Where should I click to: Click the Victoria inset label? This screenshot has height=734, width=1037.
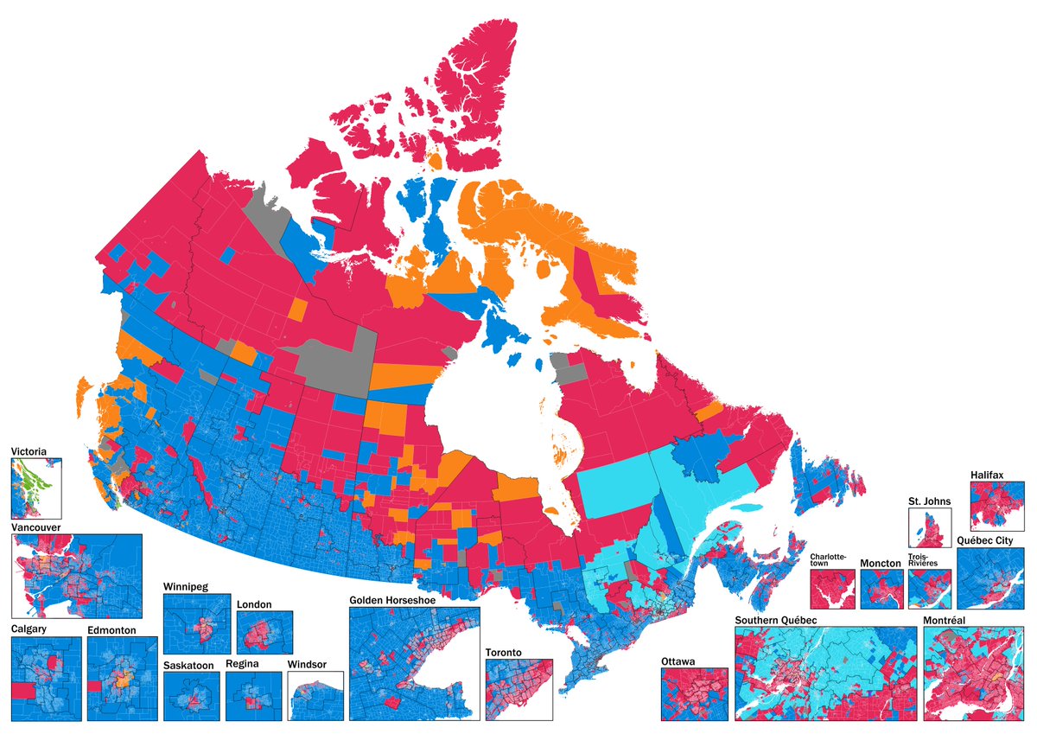pos(29,451)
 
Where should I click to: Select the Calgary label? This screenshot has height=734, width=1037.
pos(29,629)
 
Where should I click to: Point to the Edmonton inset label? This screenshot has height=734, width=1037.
pos(111,630)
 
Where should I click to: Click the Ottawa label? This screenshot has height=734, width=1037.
pos(678,661)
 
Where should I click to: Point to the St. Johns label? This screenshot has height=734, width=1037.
pos(929,501)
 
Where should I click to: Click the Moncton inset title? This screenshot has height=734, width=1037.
pos(881,563)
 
